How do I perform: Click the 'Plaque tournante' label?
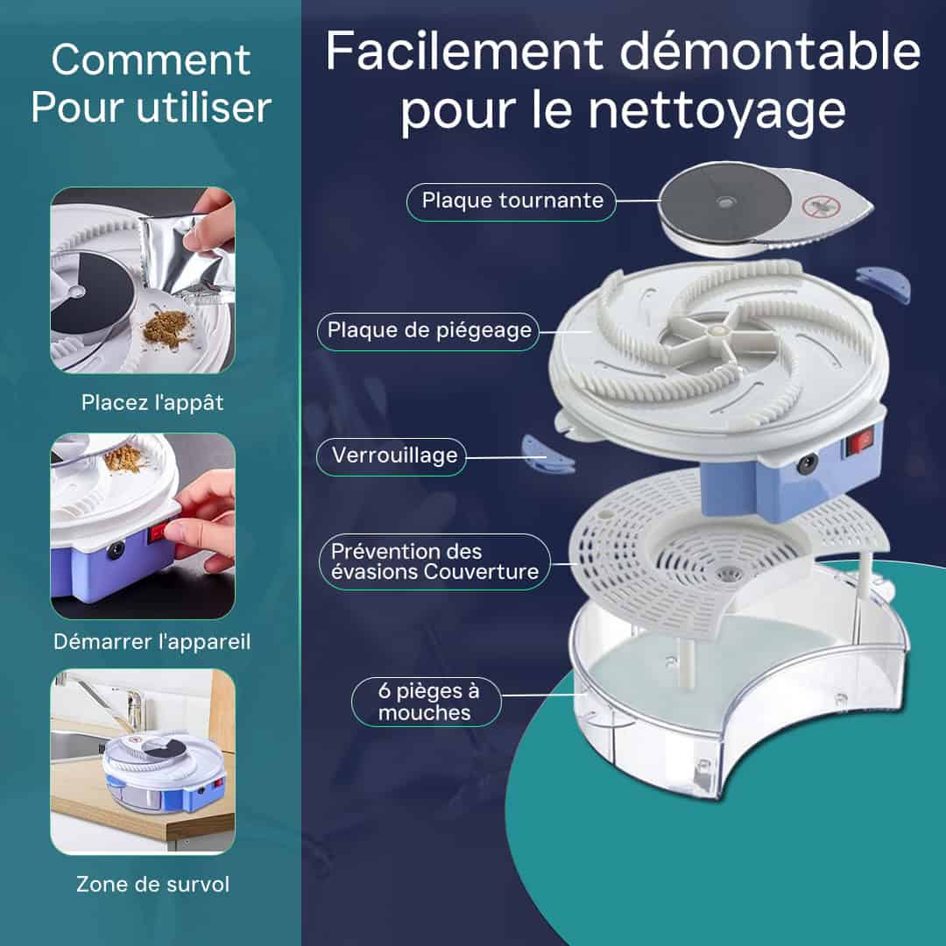click(x=512, y=200)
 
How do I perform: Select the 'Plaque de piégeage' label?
click(x=429, y=330)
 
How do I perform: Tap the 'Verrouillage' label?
click(x=394, y=455)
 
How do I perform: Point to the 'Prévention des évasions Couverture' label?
click(x=434, y=561)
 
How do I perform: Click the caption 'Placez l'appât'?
click(x=152, y=402)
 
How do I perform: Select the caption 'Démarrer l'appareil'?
click(x=152, y=641)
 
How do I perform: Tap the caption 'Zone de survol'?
click(x=152, y=884)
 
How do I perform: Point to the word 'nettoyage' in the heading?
click(x=717, y=111)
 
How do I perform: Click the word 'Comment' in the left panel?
click(x=151, y=60)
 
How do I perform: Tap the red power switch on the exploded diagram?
click(x=860, y=442)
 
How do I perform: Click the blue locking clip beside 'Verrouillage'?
click(x=547, y=453)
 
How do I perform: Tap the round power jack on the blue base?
click(x=806, y=465)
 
